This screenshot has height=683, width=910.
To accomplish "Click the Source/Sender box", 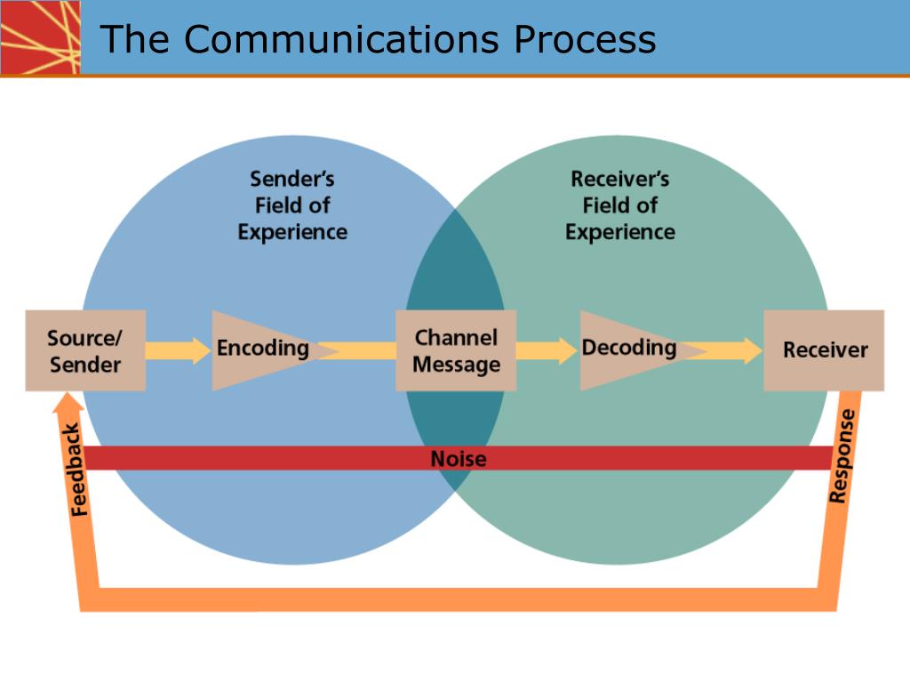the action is [x=85, y=350].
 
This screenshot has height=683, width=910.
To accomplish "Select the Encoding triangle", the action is [x=261, y=350].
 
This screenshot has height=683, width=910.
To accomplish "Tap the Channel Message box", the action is [x=456, y=350].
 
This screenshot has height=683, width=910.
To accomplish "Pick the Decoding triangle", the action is [x=630, y=350].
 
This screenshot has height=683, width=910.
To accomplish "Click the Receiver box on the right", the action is [x=824, y=350].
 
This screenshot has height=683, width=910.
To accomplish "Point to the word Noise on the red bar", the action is [x=459, y=459].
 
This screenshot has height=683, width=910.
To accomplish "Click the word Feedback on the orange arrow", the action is [x=76, y=470].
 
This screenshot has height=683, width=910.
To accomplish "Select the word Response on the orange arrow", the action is [x=842, y=456].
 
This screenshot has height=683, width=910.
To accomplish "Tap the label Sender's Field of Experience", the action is [x=292, y=205].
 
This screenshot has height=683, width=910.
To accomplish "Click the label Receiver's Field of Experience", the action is [x=619, y=205].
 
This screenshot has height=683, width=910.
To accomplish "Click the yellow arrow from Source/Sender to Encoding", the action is [x=178, y=350].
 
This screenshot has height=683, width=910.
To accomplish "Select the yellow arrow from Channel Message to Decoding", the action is [x=547, y=350].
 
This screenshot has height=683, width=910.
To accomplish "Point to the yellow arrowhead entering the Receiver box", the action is [x=753, y=350].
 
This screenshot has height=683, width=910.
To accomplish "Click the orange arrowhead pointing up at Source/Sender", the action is [x=68, y=403].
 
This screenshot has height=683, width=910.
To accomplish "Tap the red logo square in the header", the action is [x=40, y=37].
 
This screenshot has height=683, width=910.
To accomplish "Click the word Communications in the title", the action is [x=341, y=39].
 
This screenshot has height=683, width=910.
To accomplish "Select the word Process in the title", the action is [x=585, y=39].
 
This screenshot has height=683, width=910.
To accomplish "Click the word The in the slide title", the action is [x=135, y=39].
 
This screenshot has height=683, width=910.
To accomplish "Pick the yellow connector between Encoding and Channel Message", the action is [x=357, y=350].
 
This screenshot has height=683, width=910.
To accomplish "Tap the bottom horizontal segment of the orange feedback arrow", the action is [x=459, y=599].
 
